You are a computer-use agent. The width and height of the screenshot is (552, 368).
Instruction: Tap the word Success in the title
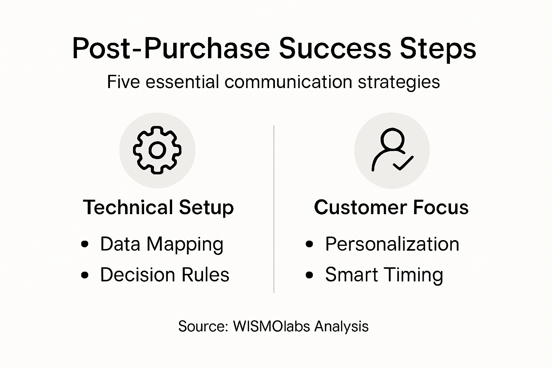tap(335, 49)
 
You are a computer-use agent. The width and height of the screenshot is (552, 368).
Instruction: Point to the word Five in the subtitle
tap(123, 82)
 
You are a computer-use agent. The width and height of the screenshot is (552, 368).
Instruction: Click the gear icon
tap(157, 150)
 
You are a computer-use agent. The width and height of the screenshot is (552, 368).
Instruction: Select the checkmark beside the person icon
tap(403, 164)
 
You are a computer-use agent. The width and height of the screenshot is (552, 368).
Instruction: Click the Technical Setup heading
tap(158, 208)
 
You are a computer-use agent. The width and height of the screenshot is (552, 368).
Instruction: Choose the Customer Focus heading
tap(391, 208)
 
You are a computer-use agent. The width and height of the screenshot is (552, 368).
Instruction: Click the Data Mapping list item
tap(162, 245)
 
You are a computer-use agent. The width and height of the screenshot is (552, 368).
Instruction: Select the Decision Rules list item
tap(165, 275)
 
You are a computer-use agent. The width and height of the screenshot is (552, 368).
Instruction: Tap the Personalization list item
tap(392, 244)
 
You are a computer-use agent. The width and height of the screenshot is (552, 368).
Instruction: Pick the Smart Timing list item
tap(384, 275)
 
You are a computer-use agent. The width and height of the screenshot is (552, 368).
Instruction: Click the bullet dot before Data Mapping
tap(85, 244)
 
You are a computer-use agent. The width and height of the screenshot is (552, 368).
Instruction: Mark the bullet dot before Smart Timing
tap(309, 275)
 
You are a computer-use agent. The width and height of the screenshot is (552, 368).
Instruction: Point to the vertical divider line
tap(274, 208)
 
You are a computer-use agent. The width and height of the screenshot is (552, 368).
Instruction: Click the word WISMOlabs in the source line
tap(271, 326)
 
